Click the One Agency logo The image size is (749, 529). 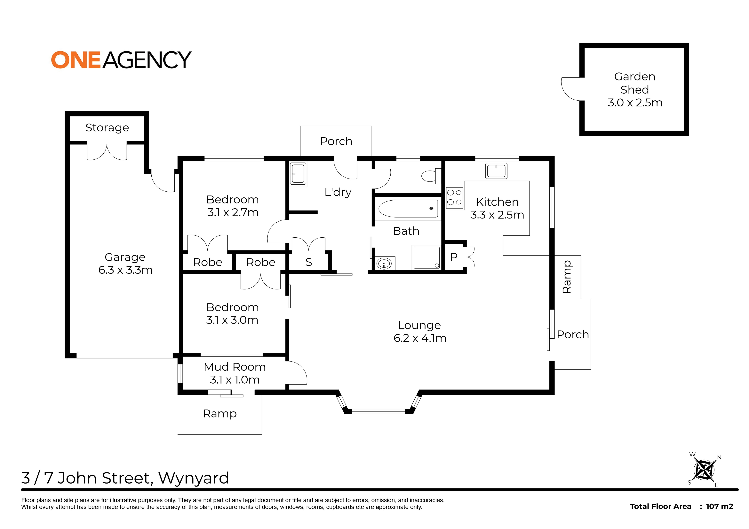tap(121, 60)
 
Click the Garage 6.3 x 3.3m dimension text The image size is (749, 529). tap(125, 270)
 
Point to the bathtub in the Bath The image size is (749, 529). tap(408, 209)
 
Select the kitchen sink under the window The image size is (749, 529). tap(496, 171)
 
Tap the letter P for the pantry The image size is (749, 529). tap(453, 257)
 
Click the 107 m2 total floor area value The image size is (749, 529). tap(719, 507)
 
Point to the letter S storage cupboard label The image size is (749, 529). tap(309, 262)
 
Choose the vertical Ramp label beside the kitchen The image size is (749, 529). tap(567, 277)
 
